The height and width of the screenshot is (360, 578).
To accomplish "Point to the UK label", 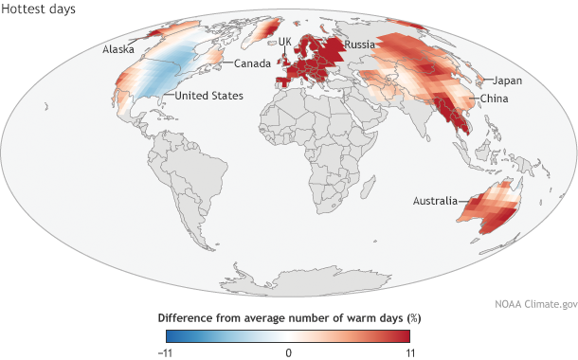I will pos(284,41).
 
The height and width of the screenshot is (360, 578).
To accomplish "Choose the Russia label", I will pos(361,45).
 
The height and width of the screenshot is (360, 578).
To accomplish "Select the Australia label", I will pos(433,201).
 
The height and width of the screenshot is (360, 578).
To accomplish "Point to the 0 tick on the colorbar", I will pos(289,351).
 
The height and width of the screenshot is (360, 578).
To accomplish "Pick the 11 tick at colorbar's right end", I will pos(409,351).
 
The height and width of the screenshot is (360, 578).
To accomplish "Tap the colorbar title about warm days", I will pos(288,317).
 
